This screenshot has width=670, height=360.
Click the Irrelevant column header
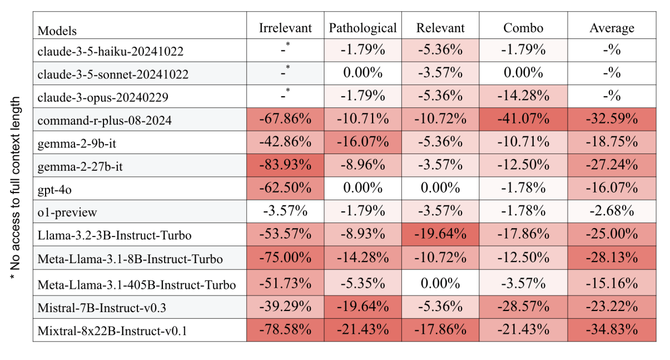(285, 28)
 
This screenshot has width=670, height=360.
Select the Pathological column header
(363, 28)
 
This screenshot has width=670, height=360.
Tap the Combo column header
(523, 28)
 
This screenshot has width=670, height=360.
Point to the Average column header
(611, 28)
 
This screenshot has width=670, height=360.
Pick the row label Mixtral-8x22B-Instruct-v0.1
(112, 331)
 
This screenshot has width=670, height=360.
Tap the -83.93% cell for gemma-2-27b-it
(285, 165)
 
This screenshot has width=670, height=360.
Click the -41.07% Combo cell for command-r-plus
(523, 120)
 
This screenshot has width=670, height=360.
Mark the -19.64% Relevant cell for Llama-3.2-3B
(439, 234)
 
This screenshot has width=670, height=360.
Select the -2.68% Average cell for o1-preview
(611, 212)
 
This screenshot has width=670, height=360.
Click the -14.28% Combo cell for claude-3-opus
(523, 96)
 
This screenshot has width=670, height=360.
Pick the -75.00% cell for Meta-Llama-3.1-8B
(285, 258)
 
